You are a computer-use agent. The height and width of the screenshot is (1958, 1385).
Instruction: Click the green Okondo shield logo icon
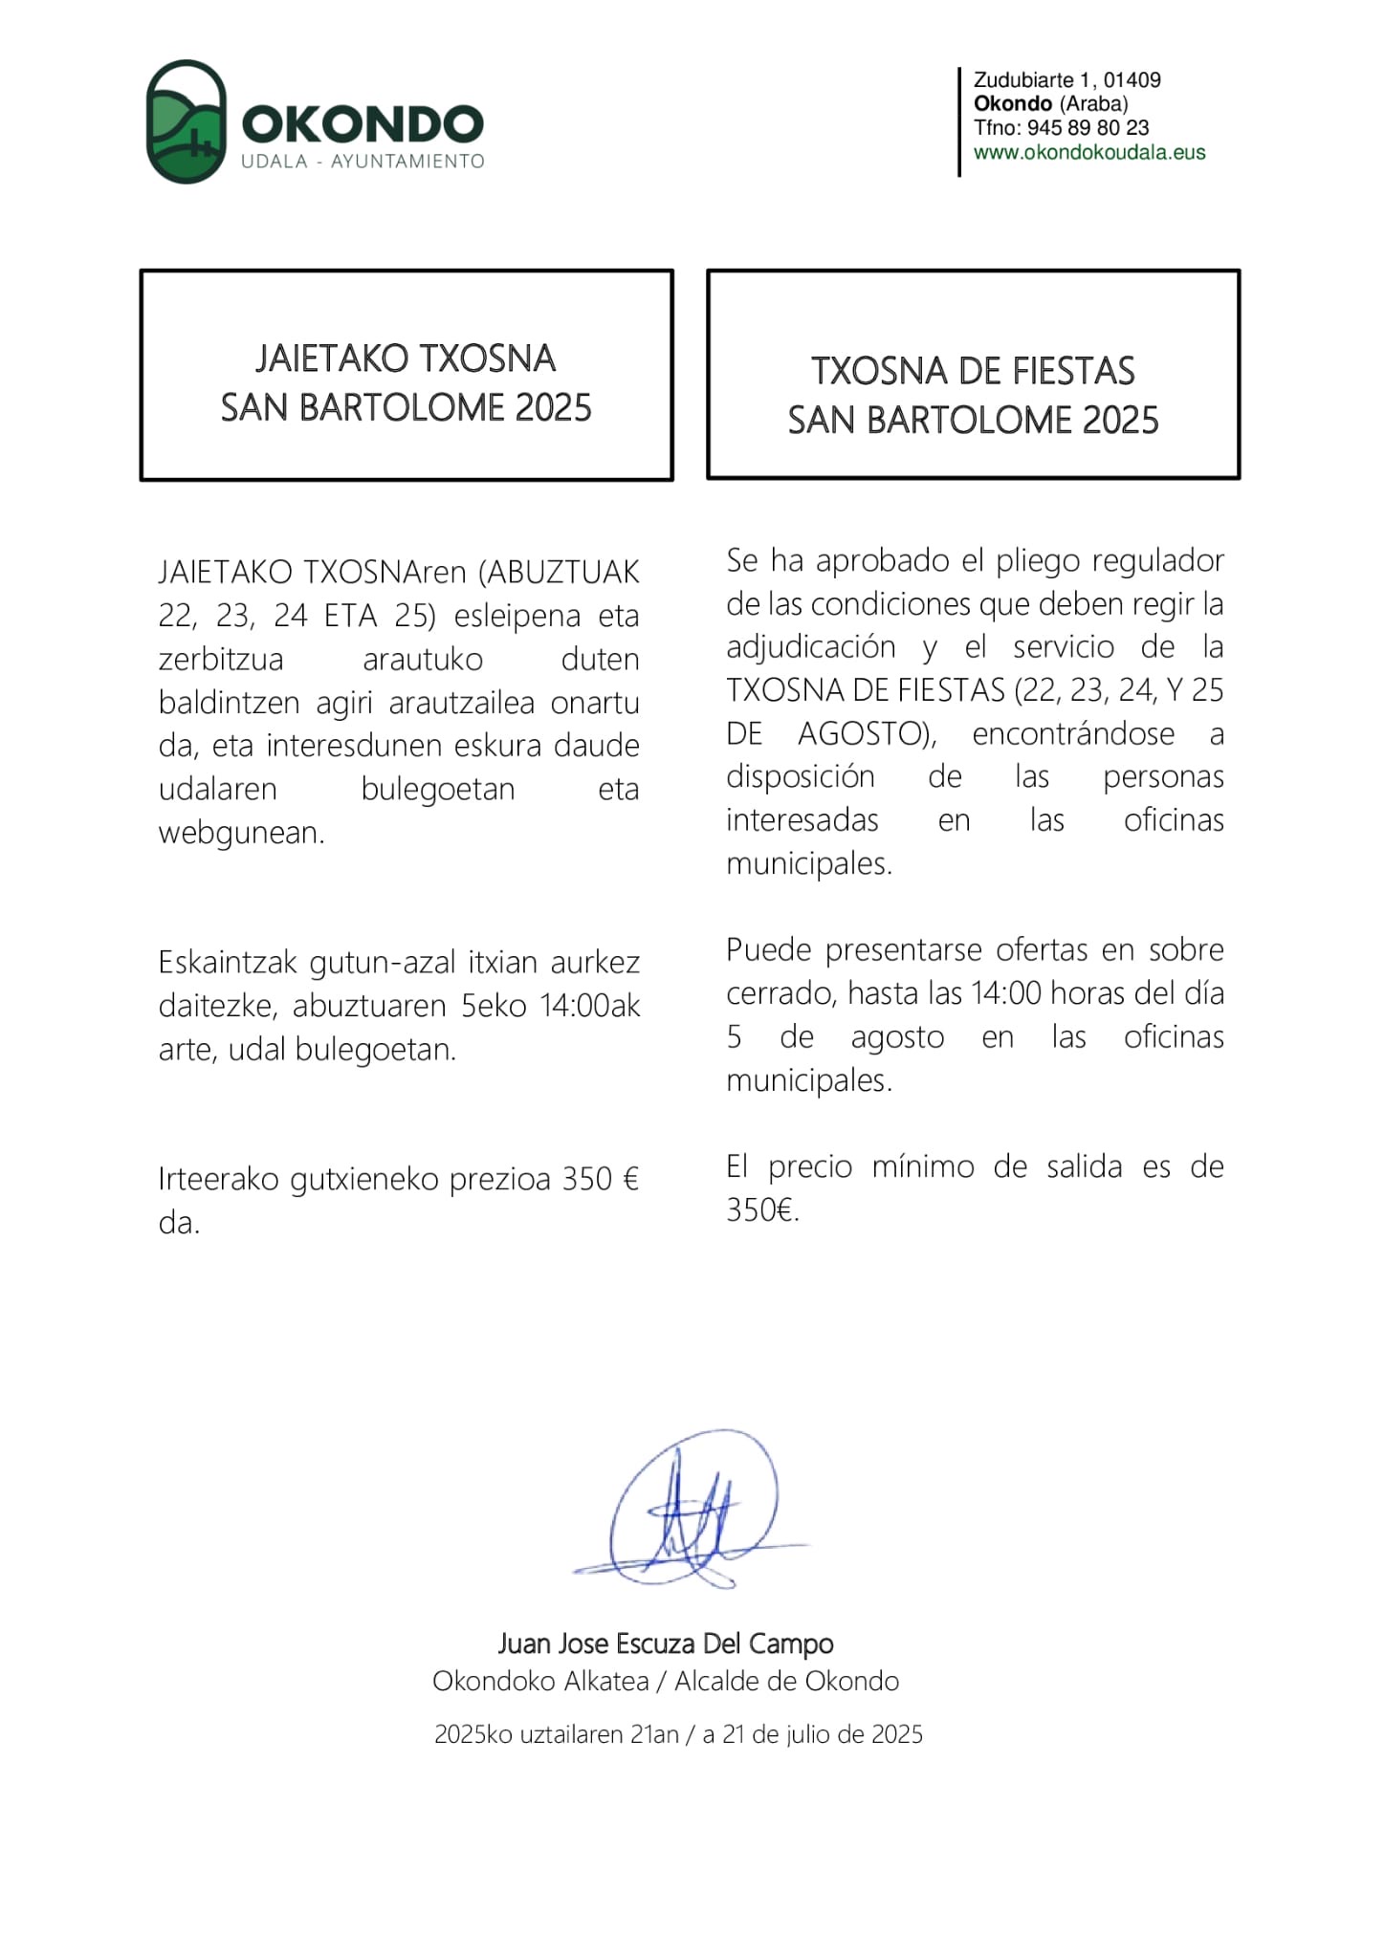(186, 121)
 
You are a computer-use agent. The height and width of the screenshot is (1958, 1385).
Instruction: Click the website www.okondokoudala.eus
(1088, 153)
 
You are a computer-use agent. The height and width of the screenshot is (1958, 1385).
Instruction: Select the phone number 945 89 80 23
(1088, 128)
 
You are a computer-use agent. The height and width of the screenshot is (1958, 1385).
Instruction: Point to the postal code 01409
(1132, 80)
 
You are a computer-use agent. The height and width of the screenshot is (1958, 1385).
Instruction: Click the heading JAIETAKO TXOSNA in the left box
(406, 359)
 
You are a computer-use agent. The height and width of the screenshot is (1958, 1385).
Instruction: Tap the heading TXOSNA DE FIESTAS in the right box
(973, 372)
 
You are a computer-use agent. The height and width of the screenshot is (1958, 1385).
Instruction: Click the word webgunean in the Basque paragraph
(241, 833)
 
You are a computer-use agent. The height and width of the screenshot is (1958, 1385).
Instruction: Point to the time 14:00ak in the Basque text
(589, 1007)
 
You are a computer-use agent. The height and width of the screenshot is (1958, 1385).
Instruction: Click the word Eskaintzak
(229, 963)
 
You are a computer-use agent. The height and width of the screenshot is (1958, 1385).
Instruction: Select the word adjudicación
(811, 647)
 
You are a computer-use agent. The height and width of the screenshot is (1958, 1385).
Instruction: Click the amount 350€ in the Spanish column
(762, 1210)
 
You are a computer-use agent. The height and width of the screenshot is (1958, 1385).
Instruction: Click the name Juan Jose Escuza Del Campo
(666, 1643)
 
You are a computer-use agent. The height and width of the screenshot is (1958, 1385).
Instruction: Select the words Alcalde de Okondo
(786, 1682)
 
